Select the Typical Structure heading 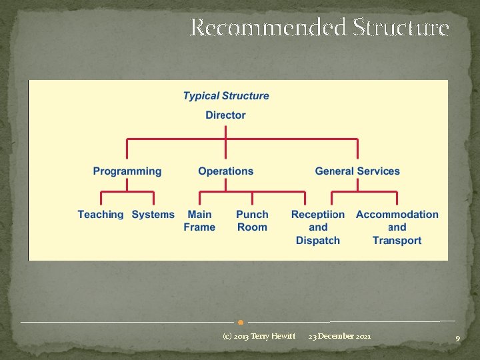point(226,96)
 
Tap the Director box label point(225,115)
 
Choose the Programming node point(127,171)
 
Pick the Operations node point(226,171)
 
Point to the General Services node point(357,171)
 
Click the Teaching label point(101,215)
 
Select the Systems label point(153,215)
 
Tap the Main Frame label point(199,221)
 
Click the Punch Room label point(252,221)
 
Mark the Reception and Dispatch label point(318,227)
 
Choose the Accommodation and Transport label point(397,227)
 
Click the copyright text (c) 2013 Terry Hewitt point(259,336)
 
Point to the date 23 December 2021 point(340,336)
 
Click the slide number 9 point(457,339)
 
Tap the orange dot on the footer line point(241,323)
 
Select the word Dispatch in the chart point(318,241)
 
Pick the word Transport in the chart point(397,241)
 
